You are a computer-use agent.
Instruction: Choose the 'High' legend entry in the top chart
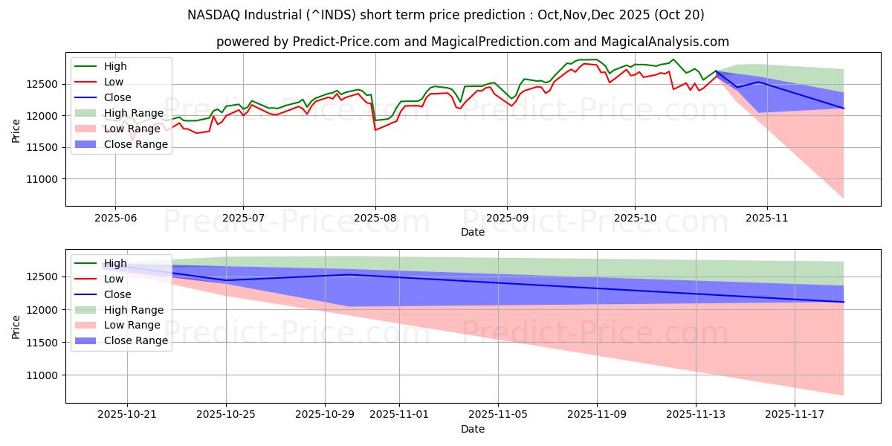pos(115,66)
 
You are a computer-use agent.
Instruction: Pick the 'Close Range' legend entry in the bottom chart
pos(131,340)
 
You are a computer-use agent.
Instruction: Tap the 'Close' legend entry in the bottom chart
pos(117,294)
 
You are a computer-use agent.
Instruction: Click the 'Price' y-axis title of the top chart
pos(16,131)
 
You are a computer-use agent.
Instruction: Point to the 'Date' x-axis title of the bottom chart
pos(473,429)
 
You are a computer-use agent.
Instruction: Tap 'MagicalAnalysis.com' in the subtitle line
pos(667,42)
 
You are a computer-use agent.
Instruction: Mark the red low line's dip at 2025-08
pos(375,130)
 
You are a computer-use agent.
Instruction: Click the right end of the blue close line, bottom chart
pos(843,302)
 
